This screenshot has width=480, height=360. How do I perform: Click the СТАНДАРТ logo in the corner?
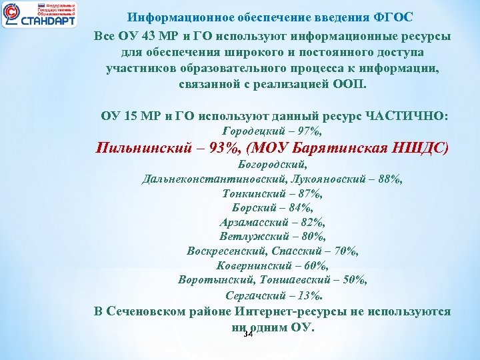click(x=39, y=14)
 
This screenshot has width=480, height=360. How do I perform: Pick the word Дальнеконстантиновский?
click(x=215, y=179)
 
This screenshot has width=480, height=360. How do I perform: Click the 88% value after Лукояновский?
click(x=387, y=179)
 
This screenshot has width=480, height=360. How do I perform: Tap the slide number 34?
click(x=249, y=333)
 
